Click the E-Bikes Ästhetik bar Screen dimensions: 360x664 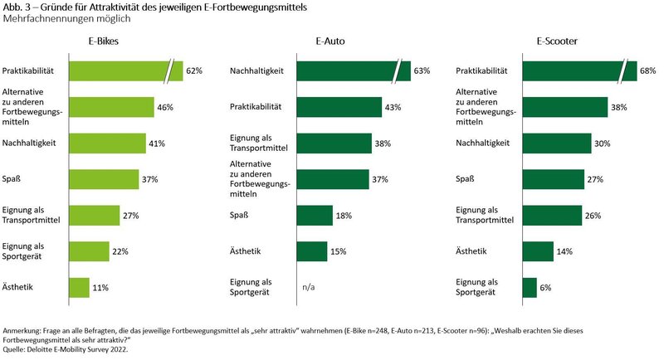pos(79,287)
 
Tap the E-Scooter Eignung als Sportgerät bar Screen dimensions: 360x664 pos(530,287)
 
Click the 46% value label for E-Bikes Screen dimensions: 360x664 pos(166,107)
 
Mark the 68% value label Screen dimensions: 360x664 pos(649,71)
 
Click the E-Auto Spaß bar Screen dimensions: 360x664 pos(313,215)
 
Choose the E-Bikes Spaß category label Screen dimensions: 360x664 pos(12,179)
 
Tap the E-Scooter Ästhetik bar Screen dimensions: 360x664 pos(538,251)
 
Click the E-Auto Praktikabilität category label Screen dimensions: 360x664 pos(256,107)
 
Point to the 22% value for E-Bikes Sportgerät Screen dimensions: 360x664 pos(121,251)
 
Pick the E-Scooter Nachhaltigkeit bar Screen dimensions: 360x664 pos(557,143)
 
